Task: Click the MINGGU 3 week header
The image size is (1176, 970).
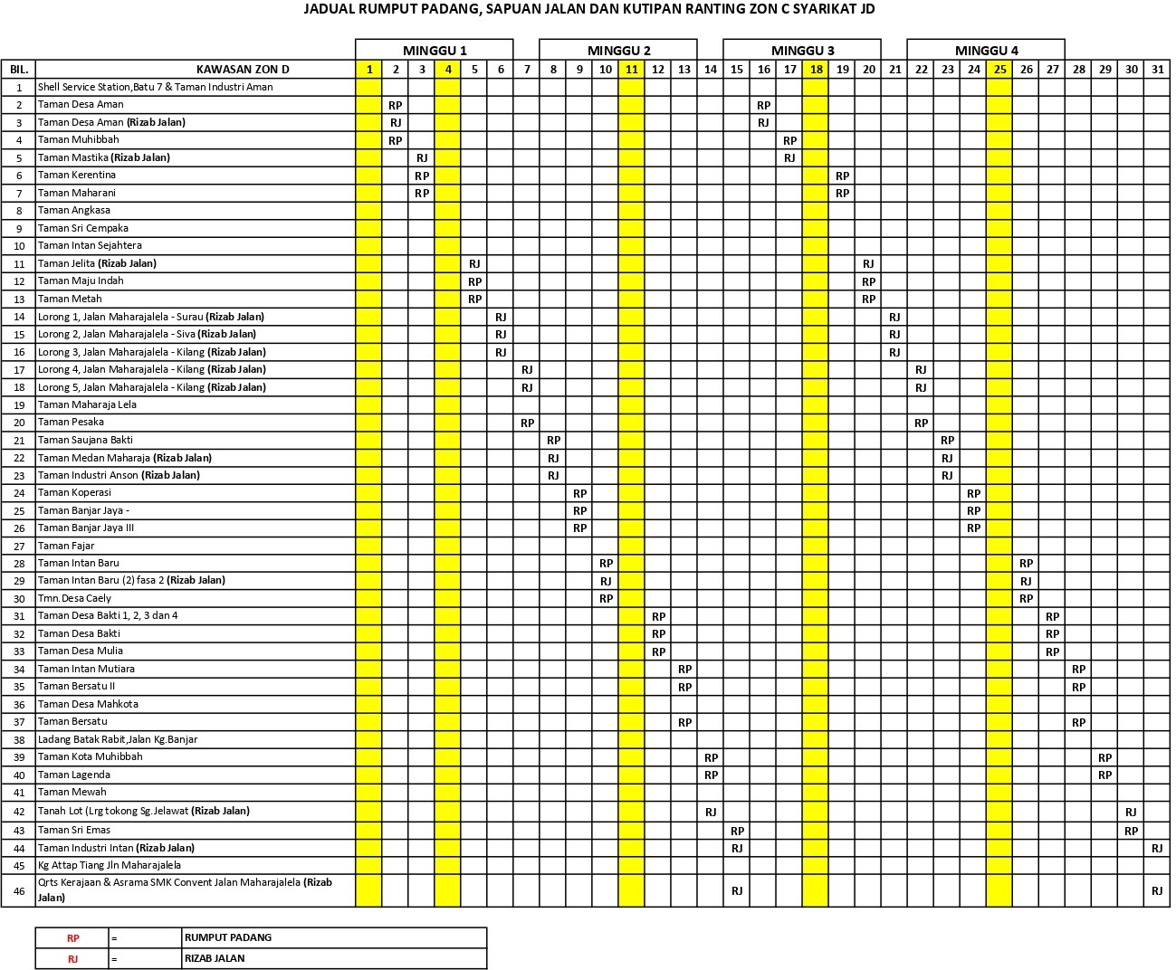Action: [802, 51]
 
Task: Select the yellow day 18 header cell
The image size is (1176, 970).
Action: [816, 70]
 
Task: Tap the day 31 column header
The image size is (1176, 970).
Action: [1157, 70]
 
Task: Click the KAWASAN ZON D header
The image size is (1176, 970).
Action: [243, 70]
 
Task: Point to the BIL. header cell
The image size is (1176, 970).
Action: [19, 70]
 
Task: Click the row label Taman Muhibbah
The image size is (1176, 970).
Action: [78, 140]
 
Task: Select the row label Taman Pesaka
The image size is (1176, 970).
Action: [71, 423]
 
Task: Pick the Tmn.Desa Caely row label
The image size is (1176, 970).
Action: [74, 598]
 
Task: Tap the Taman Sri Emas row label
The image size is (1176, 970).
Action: [74, 830]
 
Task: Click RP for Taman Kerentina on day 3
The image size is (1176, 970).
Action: [422, 176]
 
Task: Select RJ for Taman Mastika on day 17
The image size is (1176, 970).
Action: [789, 158]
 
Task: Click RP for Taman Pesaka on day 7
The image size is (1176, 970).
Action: [527, 423]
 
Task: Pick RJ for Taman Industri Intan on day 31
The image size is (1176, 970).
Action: [1157, 848]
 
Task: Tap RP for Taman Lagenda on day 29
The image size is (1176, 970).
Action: [1104, 775]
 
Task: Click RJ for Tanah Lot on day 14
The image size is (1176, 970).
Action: [711, 813]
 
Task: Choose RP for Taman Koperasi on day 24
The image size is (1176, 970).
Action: [973, 493]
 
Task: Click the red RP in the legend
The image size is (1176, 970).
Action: [72, 938]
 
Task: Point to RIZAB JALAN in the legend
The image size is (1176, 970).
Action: [215, 958]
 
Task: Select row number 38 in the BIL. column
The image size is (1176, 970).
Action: [19, 739]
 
